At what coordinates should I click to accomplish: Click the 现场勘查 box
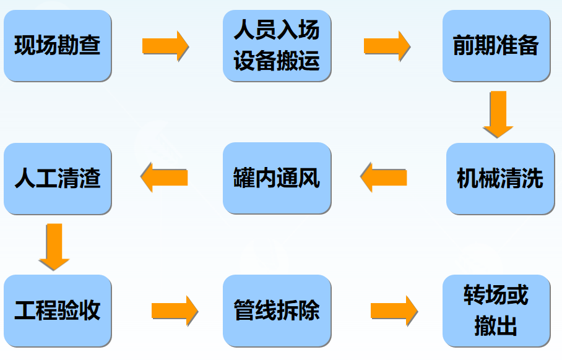[x=57, y=46]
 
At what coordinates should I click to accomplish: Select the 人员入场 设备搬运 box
[x=277, y=46]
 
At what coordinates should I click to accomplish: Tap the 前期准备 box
[x=496, y=46]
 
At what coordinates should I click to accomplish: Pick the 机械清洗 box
[x=499, y=179]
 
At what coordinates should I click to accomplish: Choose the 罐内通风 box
[x=277, y=179]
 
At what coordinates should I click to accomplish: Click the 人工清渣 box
[x=57, y=179]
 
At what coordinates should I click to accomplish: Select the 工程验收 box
[x=57, y=311]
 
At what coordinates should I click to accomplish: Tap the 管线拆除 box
[x=277, y=311]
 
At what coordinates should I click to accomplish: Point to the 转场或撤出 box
[x=496, y=311]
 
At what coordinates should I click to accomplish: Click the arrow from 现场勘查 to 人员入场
[x=165, y=46]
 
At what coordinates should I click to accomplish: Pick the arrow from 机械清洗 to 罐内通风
[x=384, y=178]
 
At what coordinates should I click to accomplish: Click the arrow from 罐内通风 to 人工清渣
[x=164, y=178]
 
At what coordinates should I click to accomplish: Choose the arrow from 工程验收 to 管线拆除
[x=175, y=311]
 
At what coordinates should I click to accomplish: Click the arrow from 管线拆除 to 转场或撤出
[x=394, y=311]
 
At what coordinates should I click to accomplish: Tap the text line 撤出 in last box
[x=496, y=326]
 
